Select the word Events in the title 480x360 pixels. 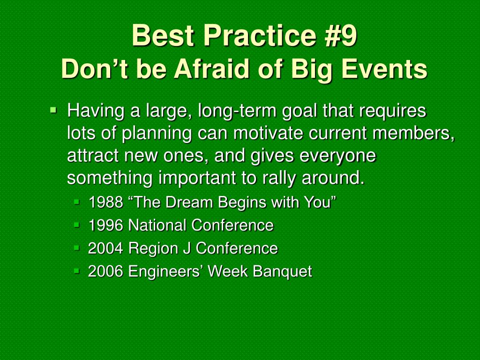[x=384, y=68]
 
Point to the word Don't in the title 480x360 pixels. [x=94, y=68]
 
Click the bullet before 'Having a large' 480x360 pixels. [x=53, y=109]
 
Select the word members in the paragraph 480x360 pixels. [x=413, y=133]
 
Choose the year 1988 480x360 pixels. [x=105, y=202]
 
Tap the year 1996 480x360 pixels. [x=105, y=225]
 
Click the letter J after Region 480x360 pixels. [x=187, y=248]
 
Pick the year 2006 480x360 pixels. [x=105, y=271]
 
